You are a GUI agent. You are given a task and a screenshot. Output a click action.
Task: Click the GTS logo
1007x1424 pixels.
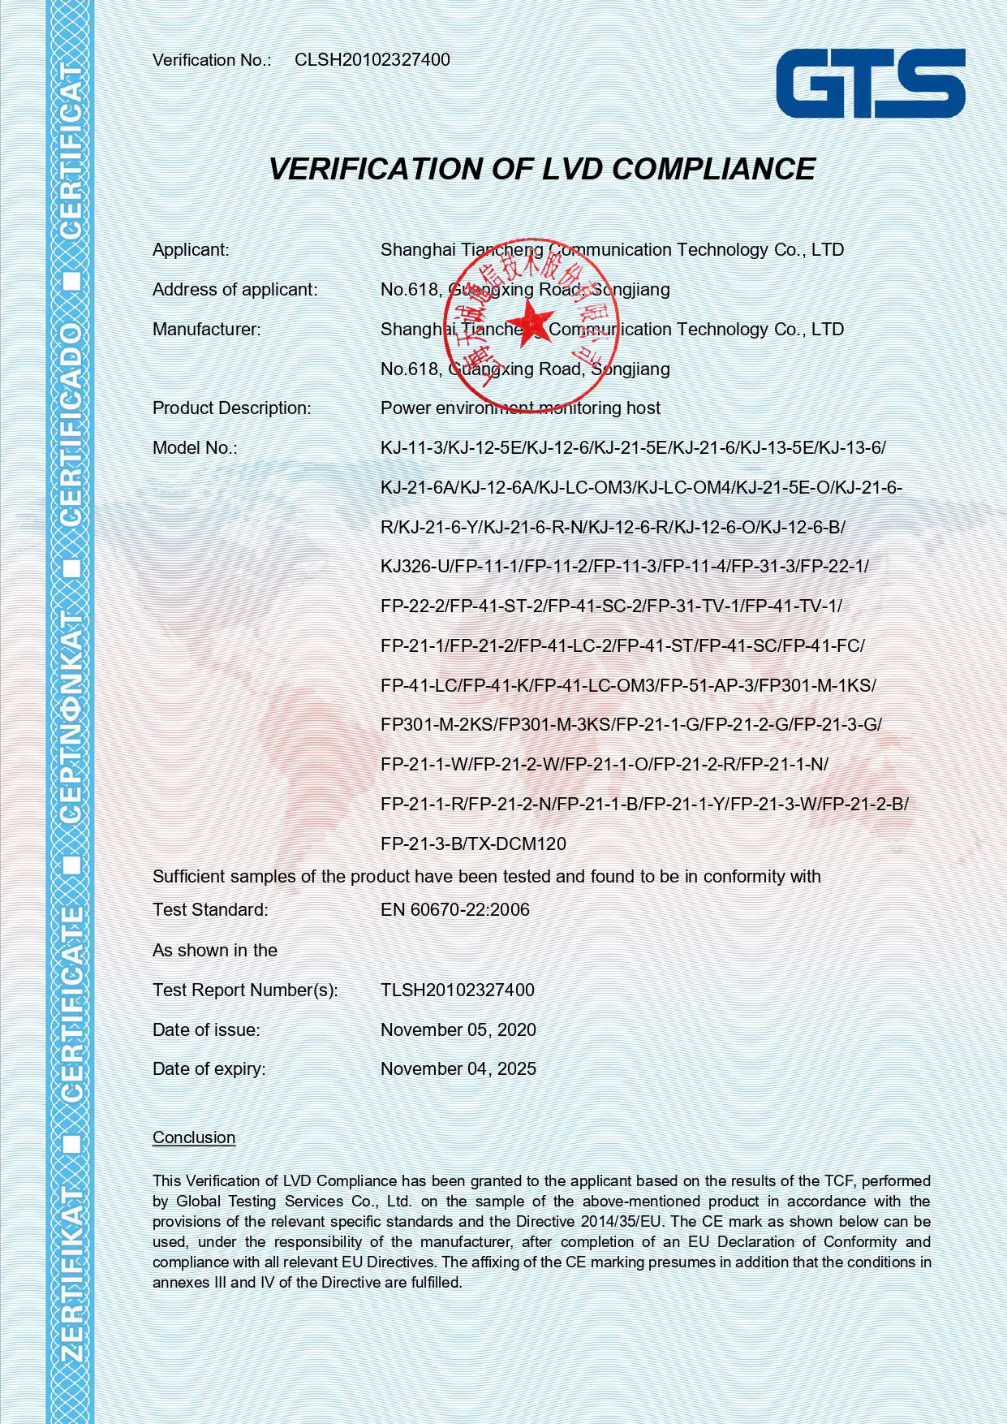coord(870,84)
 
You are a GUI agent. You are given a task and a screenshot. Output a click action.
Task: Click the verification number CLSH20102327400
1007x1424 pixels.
coord(372,60)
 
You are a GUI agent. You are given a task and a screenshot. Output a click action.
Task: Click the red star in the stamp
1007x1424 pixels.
coord(531,320)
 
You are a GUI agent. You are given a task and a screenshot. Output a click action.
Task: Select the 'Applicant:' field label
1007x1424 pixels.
coord(191,250)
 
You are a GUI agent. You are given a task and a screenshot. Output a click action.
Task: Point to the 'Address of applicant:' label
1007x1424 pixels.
coord(235,290)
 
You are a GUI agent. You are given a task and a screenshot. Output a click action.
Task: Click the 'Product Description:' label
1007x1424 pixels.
coord(231,408)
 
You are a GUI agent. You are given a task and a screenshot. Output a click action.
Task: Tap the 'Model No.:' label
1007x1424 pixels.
coord(195,448)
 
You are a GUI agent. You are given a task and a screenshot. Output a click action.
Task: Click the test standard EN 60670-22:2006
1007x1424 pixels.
coord(454,910)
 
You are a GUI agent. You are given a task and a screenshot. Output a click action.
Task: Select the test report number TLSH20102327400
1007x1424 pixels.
coord(457,990)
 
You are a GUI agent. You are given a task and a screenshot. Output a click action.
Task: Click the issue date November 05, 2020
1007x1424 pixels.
coord(458,1030)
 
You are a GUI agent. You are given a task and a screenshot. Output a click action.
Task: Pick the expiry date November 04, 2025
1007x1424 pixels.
coord(458,1069)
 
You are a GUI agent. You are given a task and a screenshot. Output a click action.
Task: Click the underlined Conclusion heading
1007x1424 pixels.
coord(194,1138)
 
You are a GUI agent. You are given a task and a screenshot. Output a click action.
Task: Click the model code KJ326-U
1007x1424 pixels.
coord(414,567)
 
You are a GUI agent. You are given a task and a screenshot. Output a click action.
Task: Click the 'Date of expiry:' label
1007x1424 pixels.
coord(209,1069)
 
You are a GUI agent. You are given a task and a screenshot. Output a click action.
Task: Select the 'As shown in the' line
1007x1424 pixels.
coord(214,951)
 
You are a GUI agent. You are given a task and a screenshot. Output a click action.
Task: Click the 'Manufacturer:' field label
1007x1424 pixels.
coord(206,330)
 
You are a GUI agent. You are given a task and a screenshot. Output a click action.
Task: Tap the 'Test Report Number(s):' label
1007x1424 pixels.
coord(244,990)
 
